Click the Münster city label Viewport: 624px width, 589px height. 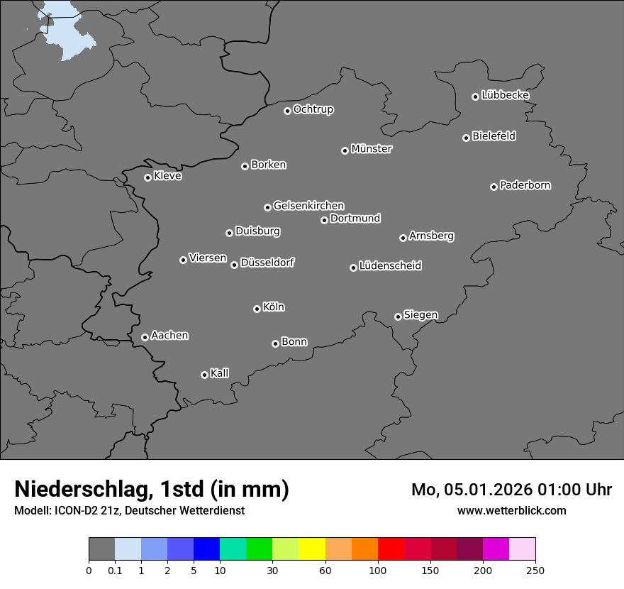click(x=372, y=149)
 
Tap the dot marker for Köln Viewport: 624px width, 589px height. click(x=257, y=309)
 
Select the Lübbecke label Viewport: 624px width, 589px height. click(x=505, y=95)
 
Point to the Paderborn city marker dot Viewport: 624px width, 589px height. click(x=494, y=187)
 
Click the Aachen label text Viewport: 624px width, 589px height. click(x=169, y=336)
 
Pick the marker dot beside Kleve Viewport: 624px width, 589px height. click(x=147, y=177)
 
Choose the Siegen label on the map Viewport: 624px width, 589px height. click(x=420, y=315)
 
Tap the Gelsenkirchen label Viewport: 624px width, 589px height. click(x=308, y=206)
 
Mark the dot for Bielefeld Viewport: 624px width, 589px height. click(x=466, y=138)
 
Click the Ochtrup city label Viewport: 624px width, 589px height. click(x=313, y=109)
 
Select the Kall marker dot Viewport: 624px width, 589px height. click(x=204, y=375)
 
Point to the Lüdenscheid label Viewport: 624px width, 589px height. click(x=390, y=266)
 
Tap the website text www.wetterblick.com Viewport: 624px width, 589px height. click(x=511, y=510)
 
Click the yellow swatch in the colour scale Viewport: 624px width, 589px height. click(x=312, y=549)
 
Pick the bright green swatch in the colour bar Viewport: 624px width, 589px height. click(x=260, y=549)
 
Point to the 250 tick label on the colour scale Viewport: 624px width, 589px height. click(x=535, y=570)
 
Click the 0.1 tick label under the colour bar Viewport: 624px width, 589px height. click(x=115, y=570)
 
